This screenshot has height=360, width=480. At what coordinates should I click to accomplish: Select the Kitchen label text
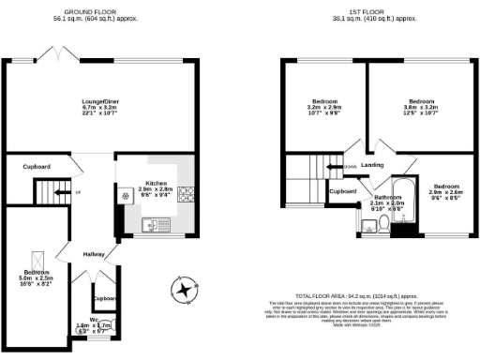[157, 183]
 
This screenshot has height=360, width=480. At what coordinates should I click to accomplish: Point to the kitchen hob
[186, 196]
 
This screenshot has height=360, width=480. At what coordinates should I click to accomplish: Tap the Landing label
[372, 166]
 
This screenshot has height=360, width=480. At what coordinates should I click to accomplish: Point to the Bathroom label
[387, 197]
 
